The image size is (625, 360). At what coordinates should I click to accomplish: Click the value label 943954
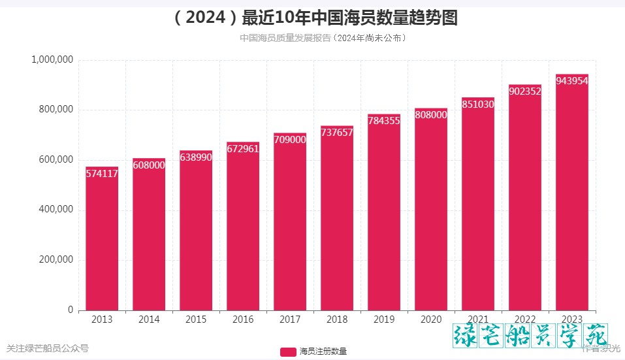pyautogui.click(x=572, y=80)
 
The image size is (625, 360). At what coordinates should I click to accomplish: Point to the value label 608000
pyautogui.click(x=149, y=165)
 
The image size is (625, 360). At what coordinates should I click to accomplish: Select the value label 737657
pyautogui.click(x=337, y=132)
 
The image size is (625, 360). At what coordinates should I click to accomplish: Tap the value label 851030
pyautogui.click(x=478, y=104)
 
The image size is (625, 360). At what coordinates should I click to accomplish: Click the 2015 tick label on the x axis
pyautogui.click(x=196, y=319)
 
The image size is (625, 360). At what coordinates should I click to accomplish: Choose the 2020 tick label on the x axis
pyautogui.click(x=431, y=319)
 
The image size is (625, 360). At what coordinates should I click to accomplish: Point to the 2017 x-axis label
pyautogui.click(x=290, y=319)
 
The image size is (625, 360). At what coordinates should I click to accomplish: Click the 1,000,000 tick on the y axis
pyautogui.click(x=52, y=60)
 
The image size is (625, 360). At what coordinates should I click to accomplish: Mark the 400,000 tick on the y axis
pyautogui.click(x=55, y=210)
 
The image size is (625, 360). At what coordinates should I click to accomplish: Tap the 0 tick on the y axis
pyautogui.click(x=71, y=310)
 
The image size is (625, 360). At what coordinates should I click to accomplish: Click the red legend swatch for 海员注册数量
pyautogui.click(x=288, y=352)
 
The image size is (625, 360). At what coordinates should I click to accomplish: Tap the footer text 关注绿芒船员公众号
pyautogui.click(x=47, y=348)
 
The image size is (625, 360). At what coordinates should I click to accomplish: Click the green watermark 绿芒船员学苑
pyautogui.click(x=530, y=335)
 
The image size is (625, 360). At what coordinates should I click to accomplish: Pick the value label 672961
pyautogui.click(x=243, y=148)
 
